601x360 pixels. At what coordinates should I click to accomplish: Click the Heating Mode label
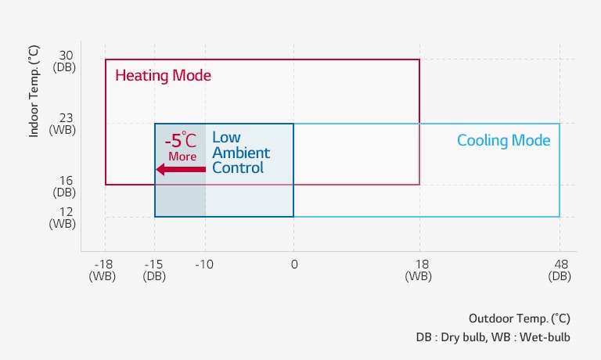tap(163, 76)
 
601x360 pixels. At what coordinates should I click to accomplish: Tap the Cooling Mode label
tap(503, 141)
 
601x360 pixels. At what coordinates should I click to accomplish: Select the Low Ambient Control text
tap(241, 153)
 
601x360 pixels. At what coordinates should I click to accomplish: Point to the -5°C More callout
tap(182, 146)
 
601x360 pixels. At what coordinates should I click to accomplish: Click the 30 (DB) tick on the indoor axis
tap(66, 61)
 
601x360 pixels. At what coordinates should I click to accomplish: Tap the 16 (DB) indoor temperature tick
tap(66, 185)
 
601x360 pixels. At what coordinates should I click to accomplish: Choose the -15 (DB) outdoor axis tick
tap(154, 270)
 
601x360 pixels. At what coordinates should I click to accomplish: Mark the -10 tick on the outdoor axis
tap(204, 265)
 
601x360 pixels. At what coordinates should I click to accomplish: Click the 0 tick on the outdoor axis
tap(293, 265)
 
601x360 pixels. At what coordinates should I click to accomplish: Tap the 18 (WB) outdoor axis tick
tap(419, 270)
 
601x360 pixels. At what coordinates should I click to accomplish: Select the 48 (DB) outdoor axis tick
tap(560, 270)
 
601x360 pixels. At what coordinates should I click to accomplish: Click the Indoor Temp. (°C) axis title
tap(34, 91)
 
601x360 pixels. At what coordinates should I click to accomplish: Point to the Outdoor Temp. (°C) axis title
tap(519, 319)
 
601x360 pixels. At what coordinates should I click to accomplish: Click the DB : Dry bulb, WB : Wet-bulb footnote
tap(493, 337)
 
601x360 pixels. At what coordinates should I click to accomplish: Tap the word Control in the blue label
tap(238, 168)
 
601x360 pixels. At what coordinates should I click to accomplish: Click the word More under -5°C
tap(182, 157)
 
